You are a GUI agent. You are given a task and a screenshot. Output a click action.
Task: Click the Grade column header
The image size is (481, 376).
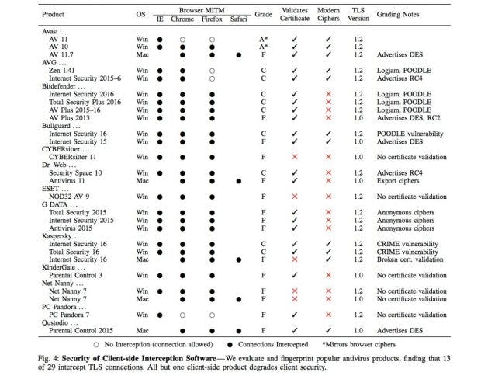click(x=263, y=15)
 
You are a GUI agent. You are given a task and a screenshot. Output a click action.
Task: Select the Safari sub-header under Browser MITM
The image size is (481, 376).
click(x=238, y=19)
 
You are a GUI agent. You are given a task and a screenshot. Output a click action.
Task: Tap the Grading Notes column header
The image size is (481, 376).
click(x=397, y=15)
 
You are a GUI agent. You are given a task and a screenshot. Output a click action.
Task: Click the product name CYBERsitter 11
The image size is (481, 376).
click(x=72, y=157)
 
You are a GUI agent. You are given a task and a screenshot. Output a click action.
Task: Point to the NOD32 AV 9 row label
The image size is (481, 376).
click(x=69, y=197)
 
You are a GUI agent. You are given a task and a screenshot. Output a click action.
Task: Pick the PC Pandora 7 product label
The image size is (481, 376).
click(x=69, y=315)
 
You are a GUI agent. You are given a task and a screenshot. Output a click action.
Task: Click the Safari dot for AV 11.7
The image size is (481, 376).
click(x=239, y=55)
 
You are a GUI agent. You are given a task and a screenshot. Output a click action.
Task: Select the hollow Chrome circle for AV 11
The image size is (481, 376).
click(x=182, y=40)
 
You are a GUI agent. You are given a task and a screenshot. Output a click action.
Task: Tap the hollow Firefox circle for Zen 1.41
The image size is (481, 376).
click(x=212, y=71)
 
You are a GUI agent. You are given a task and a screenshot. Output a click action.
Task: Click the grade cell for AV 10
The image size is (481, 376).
click(x=264, y=47)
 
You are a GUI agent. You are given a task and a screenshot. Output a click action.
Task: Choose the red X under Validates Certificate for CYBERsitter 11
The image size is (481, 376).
click(x=295, y=157)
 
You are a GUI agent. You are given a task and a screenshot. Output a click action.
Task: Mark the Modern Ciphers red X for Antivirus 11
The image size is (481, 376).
click(x=328, y=181)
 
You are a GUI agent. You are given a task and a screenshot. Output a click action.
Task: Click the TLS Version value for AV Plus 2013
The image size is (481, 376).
click(x=358, y=118)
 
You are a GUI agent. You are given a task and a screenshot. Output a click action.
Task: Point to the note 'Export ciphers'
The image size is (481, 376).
click(x=398, y=181)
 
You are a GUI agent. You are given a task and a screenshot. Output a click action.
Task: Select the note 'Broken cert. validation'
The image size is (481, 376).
click(x=410, y=259)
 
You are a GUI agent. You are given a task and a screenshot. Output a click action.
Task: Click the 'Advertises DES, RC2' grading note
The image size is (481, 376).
click(x=408, y=118)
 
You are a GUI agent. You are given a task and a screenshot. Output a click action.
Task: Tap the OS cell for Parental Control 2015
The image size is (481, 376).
click(x=142, y=330)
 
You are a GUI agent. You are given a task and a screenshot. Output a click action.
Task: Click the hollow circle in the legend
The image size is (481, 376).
click(x=96, y=345)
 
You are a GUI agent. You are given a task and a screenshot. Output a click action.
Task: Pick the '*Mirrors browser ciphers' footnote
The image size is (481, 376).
click(x=358, y=345)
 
